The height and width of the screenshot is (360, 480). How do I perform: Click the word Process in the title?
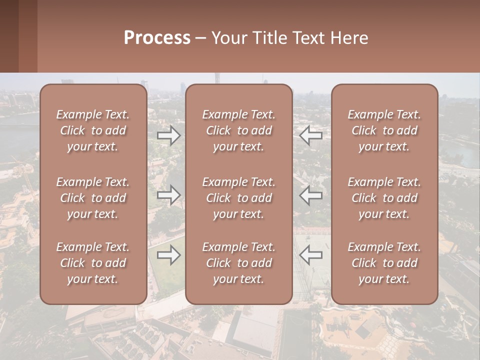pyautogui.click(x=157, y=38)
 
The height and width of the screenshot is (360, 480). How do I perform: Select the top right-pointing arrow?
pyautogui.click(x=168, y=135)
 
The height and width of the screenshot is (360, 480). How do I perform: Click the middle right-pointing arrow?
pyautogui.click(x=168, y=195)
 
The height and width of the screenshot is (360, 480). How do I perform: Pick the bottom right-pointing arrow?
pyautogui.click(x=168, y=255)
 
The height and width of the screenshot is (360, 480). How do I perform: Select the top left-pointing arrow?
pyautogui.click(x=311, y=135)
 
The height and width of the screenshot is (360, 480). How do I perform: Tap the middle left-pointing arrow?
pyautogui.click(x=311, y=195)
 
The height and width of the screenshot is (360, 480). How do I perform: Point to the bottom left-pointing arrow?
pyautogui.click(x=311, y=255)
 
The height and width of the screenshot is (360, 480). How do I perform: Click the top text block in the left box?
pyautogui.click(x=93, y=130)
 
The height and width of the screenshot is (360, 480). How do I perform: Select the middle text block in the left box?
pyautogui.click(x=93, y=198)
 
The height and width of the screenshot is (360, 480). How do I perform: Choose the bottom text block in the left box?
pyautogui.click(x=93, y=263)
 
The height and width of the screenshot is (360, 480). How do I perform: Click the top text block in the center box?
pyautogui.click(x=238, y=130)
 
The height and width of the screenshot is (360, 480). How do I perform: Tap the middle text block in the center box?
pyautogui.click(x=238, y=198)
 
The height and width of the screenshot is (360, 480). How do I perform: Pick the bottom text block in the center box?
pyautogui.click(x=238, y=263)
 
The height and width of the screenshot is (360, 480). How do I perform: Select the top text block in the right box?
pyautogui.click(x=384, y=130)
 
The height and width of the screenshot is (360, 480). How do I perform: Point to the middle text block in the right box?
pyautogui.click(x=384, y=198)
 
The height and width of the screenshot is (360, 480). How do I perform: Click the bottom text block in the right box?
pyautogui.click(x=384, y=263)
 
